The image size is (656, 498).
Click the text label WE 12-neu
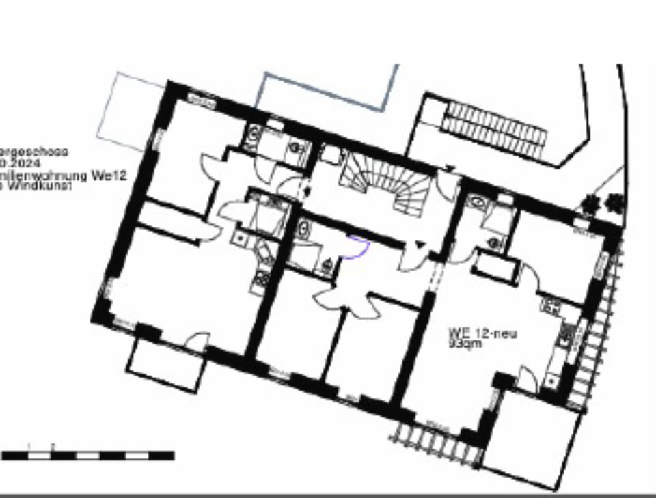(482, 333)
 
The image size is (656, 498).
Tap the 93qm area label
(465, 344)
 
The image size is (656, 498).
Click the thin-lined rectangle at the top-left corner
(130, 109)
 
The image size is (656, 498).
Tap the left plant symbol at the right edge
(588, 203)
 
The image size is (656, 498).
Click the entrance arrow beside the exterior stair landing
(450, 168)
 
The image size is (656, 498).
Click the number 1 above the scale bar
(28, 446)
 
